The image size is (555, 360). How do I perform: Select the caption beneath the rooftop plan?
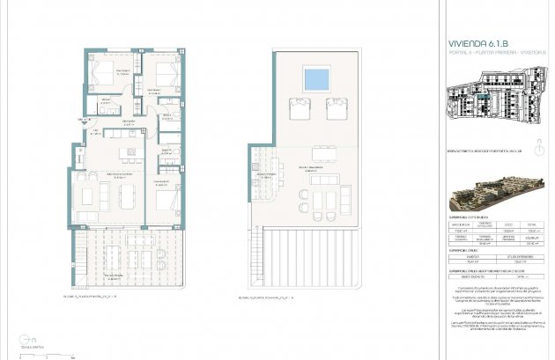tap(270, 298)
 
